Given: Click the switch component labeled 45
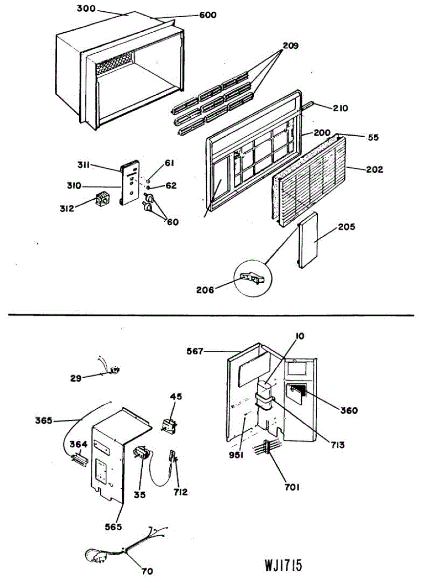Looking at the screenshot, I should pos(169,425).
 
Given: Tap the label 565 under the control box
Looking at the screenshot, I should pos(114,527).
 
